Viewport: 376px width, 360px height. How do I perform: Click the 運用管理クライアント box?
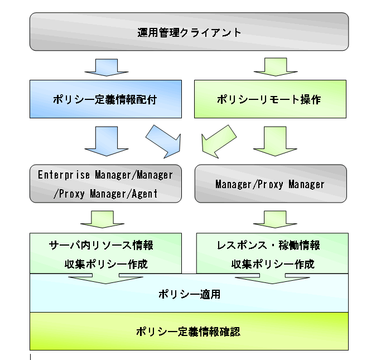[189, 32]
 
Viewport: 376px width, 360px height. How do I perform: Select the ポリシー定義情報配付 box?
[105, 99]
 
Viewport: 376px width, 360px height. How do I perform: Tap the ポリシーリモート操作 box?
[269, 99]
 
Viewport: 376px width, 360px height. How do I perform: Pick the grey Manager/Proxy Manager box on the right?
[270, 183]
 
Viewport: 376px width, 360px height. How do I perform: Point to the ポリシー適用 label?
[189, 294]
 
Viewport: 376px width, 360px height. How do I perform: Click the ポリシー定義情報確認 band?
[189, 332]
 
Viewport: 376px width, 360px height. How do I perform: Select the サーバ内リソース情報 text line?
[101, 246]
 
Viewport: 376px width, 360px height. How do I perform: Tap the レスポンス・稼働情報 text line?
[268, 246]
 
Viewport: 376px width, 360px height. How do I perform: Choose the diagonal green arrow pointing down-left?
[218, 141]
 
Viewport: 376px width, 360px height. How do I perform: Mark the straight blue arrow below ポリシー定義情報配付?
[107, 141]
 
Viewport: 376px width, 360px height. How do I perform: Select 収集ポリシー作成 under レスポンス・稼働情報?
[273, 263]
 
